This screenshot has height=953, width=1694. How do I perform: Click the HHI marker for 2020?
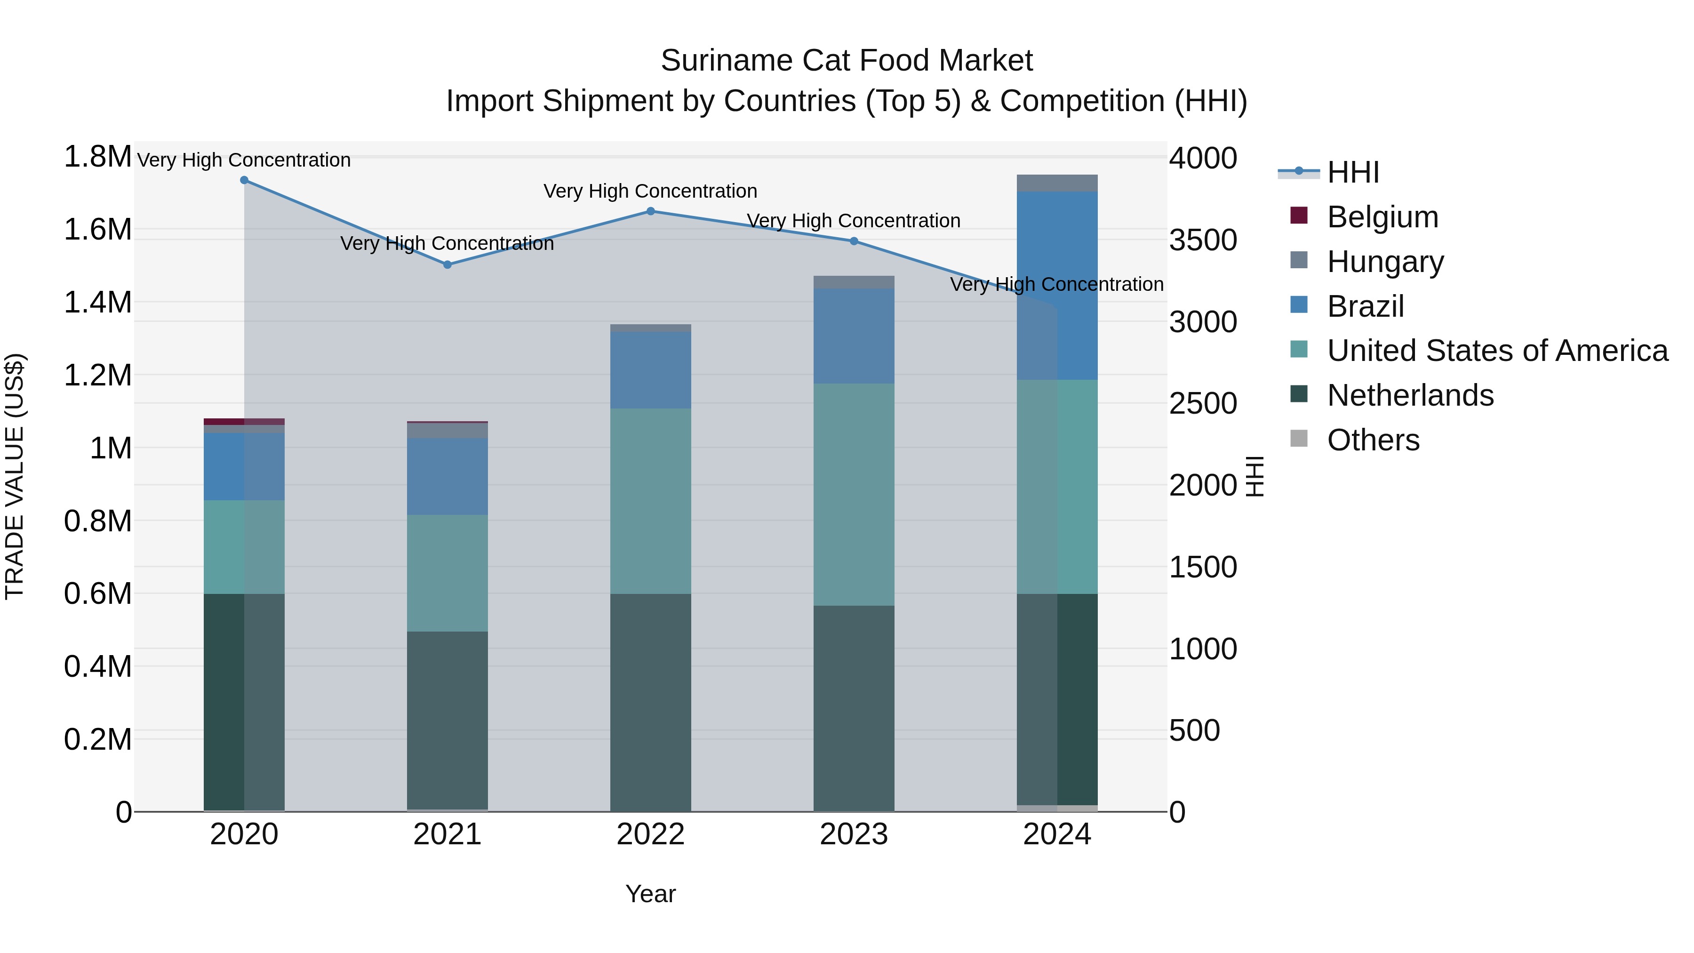[x=244, y=180]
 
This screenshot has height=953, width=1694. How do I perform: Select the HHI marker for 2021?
[x=447, y=265]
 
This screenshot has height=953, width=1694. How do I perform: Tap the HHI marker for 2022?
[x=650, y=211]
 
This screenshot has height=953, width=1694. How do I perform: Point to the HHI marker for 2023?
[x=854, y=241]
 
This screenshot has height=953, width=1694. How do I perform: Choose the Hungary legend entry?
[x=1384, y=262]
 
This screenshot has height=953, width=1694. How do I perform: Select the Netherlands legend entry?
[x=1409, y=395]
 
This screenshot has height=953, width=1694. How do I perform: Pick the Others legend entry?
[x=1373, y=440]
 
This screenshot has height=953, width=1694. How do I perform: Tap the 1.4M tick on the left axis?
[x=97, y=303]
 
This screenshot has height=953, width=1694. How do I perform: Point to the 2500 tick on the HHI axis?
[x=1203, y=404]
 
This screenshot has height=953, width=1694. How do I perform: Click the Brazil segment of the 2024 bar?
[x=1057, y=286]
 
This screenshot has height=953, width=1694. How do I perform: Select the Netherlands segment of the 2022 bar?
[x=650, y=703]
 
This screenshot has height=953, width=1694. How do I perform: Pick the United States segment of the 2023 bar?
[x=854, y=495]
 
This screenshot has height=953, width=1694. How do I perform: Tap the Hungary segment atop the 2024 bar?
[x=1057, y=184]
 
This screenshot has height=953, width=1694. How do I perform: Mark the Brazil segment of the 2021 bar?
[x=447, y=476]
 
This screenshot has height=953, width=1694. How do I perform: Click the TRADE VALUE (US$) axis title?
[x=15, y=476]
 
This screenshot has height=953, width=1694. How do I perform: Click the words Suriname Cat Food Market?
[x=847, y=61]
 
